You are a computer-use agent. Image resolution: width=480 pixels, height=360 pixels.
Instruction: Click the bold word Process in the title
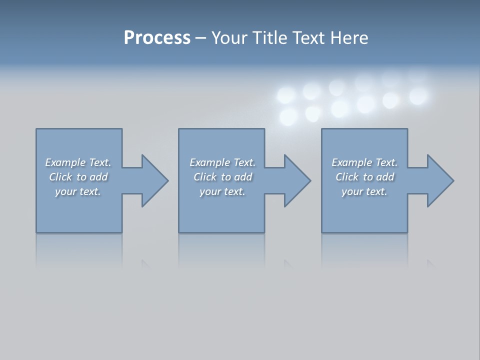(x=157, y=38)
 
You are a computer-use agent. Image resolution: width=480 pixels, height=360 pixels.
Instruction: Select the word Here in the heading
(x=348, y=38)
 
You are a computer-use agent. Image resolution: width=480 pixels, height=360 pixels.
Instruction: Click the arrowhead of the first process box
(x=154, y=180)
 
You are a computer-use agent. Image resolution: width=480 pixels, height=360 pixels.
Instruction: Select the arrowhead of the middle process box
(x=297, y=180)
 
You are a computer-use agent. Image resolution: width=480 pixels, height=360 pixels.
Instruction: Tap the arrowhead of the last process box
(x=440, y=180)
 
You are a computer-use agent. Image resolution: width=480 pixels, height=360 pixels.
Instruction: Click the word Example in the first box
(x=65, y=162)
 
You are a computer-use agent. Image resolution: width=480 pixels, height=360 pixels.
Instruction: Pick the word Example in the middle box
(x=209, y=162)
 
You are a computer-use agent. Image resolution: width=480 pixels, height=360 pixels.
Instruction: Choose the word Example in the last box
(x=351, y=162)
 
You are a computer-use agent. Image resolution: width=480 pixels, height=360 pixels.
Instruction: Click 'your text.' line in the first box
(x=78, y=191)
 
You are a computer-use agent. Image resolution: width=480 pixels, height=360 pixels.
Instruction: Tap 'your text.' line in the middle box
(x=222, y=191)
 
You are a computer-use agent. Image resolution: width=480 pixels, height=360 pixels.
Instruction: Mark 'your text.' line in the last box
(x=364, y=191)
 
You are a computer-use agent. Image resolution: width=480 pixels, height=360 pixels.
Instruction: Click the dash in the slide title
(x=200, y=38)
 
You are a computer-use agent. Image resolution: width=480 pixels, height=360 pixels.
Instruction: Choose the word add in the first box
(x=98, y=177)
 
